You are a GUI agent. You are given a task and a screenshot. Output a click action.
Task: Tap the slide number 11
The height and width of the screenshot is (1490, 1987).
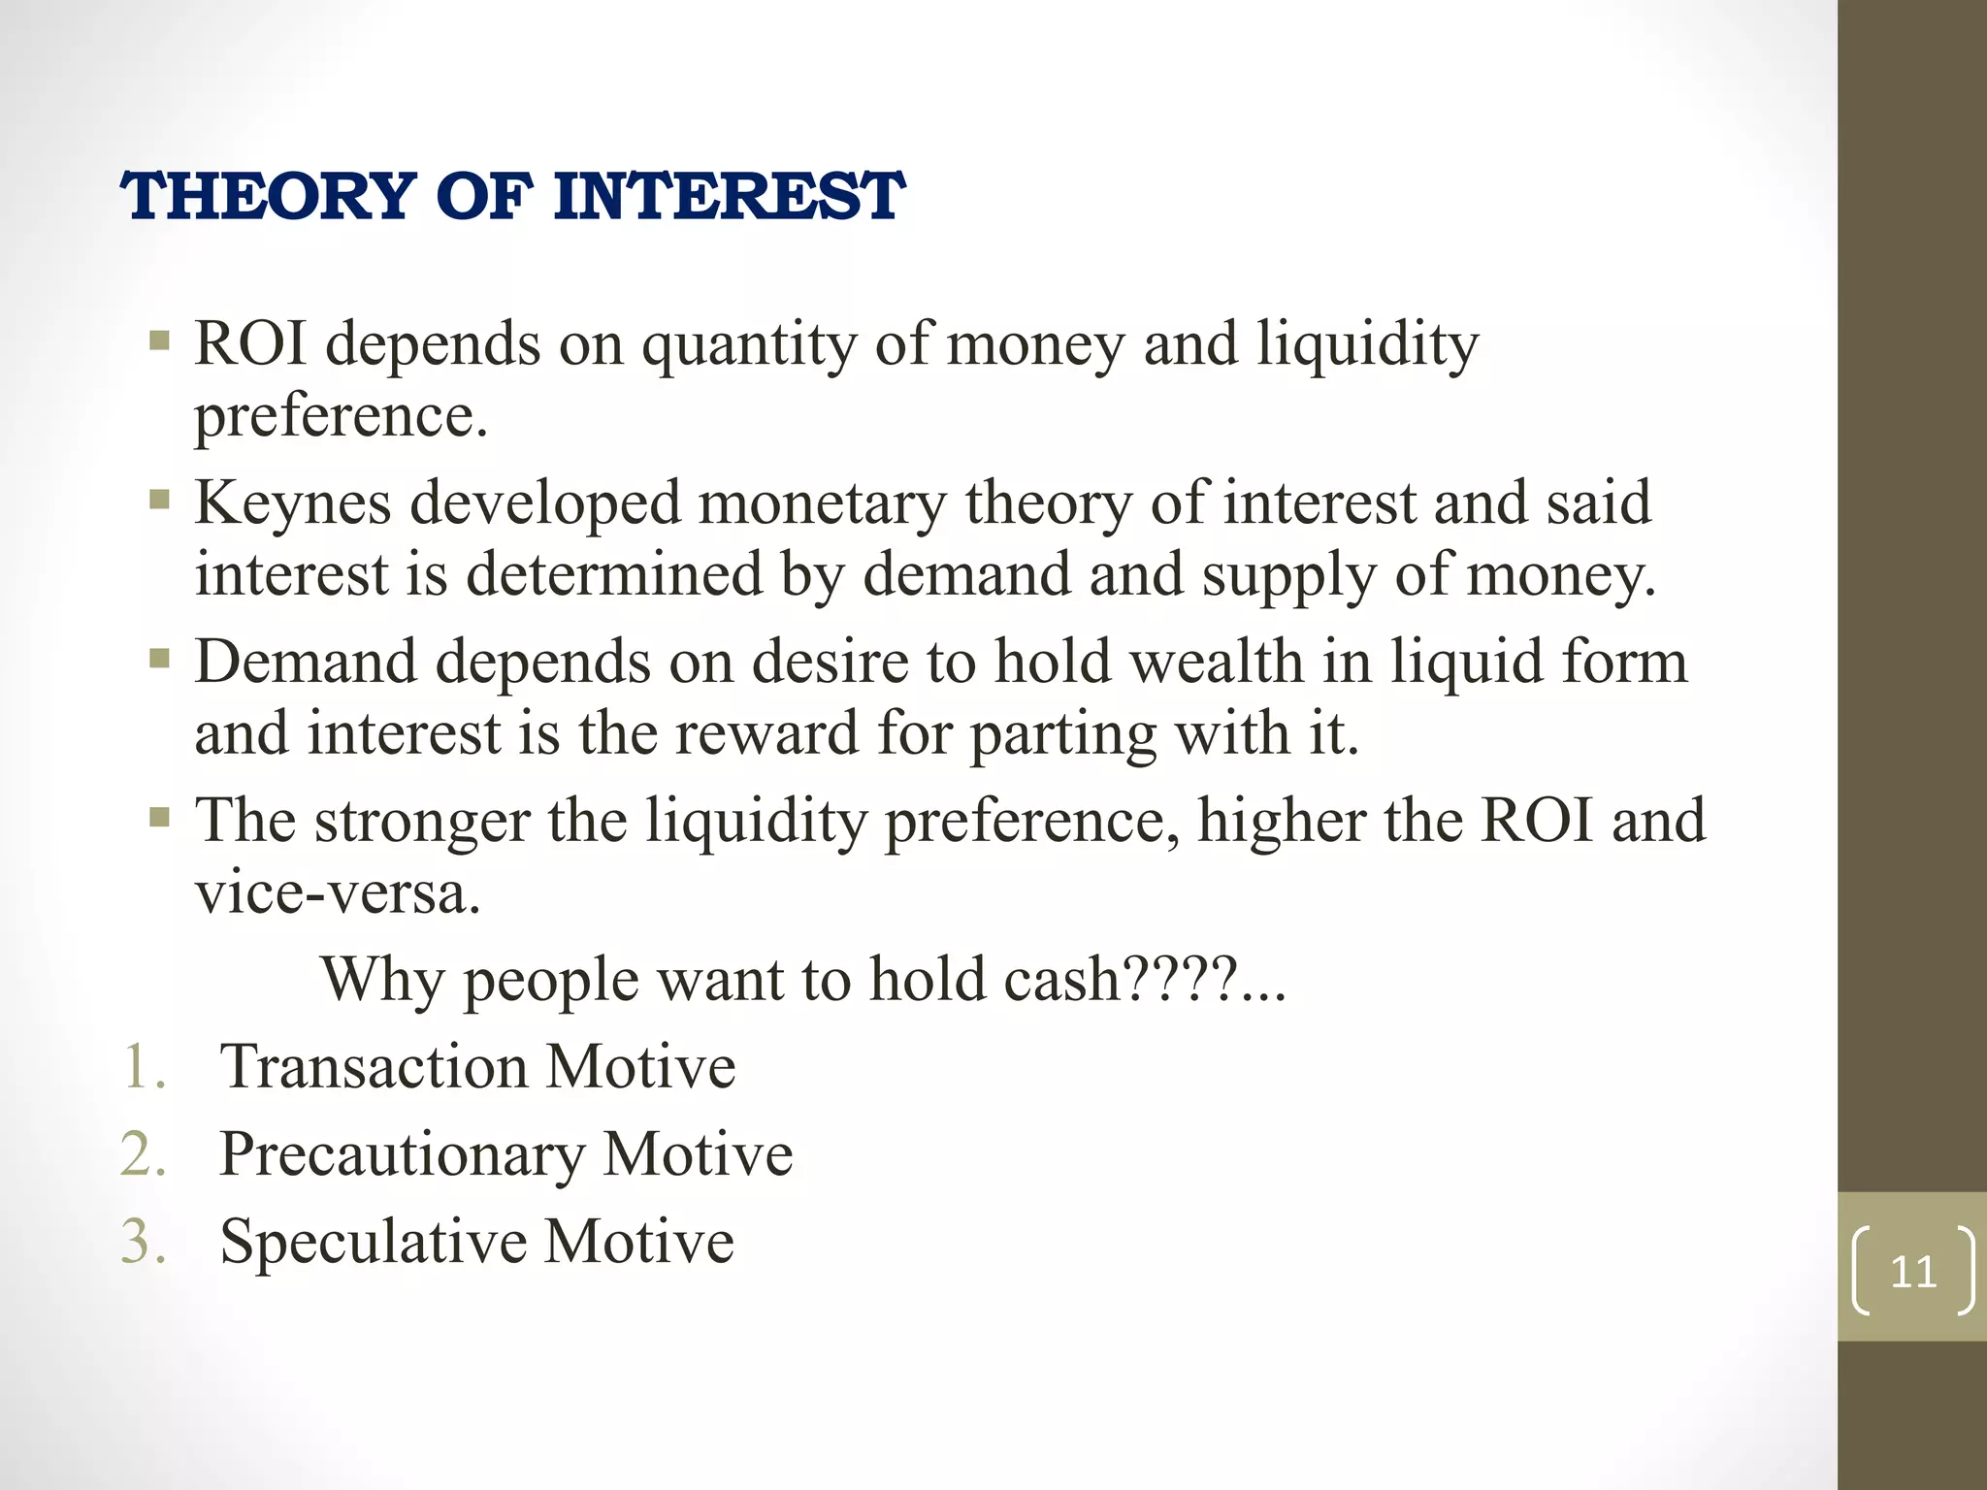1913,1272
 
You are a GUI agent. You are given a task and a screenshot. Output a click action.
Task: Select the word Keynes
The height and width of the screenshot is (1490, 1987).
293,503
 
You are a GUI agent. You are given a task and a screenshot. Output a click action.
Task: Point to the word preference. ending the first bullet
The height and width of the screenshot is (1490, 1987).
341,417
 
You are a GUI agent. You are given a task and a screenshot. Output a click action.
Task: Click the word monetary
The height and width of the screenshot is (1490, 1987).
821,503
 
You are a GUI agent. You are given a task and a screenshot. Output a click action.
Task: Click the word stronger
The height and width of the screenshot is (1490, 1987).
422,822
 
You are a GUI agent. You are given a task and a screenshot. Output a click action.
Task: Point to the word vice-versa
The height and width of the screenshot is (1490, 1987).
338,892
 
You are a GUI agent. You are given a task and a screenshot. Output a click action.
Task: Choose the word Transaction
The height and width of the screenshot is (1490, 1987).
374,1067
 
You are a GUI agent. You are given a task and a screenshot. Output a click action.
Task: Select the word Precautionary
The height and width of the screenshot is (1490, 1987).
402,1154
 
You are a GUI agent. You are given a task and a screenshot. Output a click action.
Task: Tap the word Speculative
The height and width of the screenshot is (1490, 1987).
373,1242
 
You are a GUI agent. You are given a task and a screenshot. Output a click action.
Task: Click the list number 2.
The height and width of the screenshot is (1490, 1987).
144,1154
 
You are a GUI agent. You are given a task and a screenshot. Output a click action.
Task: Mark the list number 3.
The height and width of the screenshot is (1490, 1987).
144,1242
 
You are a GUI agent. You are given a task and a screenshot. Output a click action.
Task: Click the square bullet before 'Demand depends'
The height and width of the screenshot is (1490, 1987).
160,660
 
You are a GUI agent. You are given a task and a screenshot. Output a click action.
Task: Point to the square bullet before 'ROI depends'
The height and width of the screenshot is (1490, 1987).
160,341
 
